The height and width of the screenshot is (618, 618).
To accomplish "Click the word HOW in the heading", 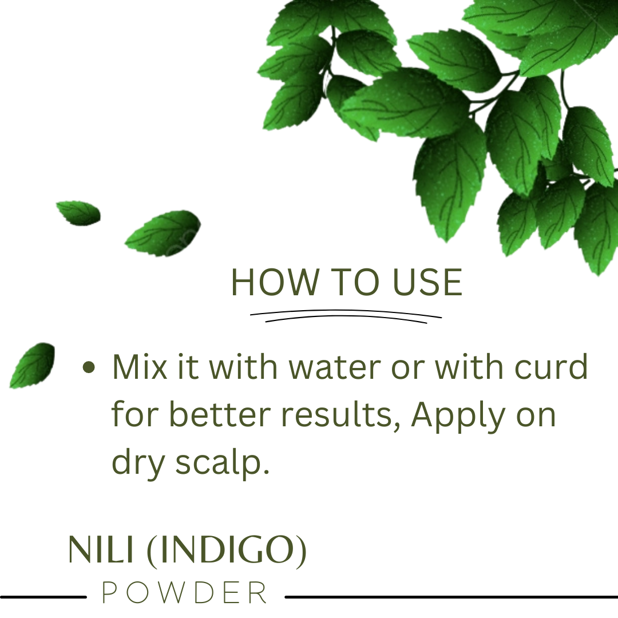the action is tap(275, 282).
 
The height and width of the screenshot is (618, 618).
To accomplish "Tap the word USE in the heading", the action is tap(427, 282).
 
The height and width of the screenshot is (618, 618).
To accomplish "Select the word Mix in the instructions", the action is tap(140, 367).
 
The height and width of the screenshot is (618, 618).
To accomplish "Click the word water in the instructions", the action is tap(335, 367).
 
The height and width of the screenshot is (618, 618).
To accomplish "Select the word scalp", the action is tap(222, 462).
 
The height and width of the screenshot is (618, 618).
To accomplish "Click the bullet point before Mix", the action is tap(89, 367).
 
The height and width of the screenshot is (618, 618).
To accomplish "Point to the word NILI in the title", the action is tap(101, 549).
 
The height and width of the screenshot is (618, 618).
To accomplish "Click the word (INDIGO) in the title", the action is tap(226, 550).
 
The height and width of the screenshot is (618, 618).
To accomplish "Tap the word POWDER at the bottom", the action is tap(184, 592).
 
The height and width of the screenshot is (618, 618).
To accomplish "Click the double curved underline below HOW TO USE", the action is tap(346, 316).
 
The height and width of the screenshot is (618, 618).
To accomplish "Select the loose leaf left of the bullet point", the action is tap(32, 365).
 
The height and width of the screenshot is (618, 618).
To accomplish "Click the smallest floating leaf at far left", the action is tap(78, 213).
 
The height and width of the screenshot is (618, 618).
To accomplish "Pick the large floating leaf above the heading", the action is tap(163, 233).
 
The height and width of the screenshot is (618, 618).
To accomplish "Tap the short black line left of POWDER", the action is tap(43, 597).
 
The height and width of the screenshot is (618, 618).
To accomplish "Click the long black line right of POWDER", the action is tap(451, 597).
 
